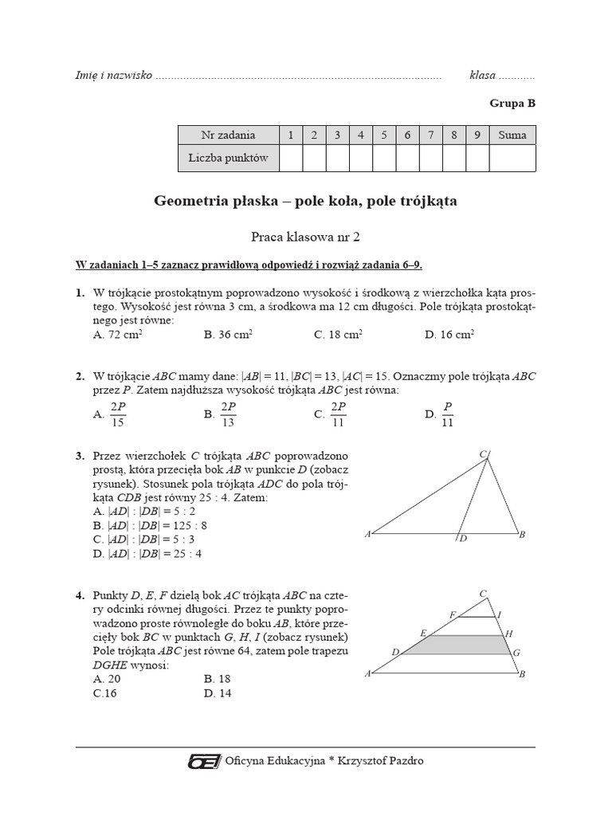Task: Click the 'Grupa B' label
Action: click(x=512, y=103)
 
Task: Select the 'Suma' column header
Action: click(x=512, y=135)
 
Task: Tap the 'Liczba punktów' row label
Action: click(x=228, y=158)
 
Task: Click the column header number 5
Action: click(x=384, y=135)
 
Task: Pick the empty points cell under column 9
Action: click(x=477, y=158)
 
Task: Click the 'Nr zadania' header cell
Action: click(x=228, y=135)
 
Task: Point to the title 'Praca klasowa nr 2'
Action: click(x=305, y=236)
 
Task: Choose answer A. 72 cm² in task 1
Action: click(x=116, y=335)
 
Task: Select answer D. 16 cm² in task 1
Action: click(x=449, y=335)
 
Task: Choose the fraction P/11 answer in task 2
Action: click(x=441, y=414)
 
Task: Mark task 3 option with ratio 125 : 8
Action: click(x=151, y=525)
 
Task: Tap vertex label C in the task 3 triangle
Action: click(x=483, y=454)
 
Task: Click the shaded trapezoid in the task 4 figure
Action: click(x=454, y=644)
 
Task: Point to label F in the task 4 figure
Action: click(x=452, y=614)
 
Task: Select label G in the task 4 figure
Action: click(x=516, y=653)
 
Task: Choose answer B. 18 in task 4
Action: click(x=217, y=678)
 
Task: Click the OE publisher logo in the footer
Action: click(x=204, y=761)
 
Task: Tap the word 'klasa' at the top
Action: click(x=483, y=76)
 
